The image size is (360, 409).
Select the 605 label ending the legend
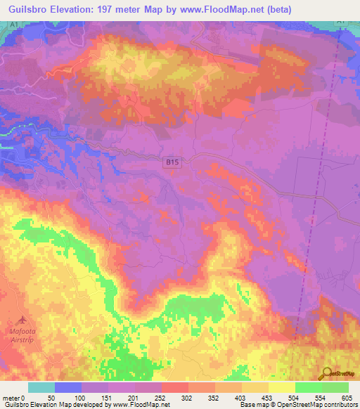point(347,397)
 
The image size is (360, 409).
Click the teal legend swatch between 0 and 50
point(41,387)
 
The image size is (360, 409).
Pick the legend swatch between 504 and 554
point(308,387)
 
